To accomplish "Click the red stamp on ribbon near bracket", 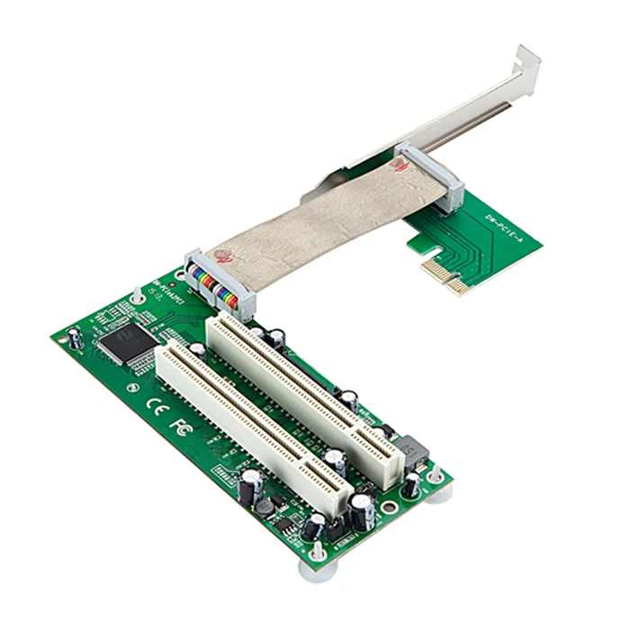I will click(x=398, y=165).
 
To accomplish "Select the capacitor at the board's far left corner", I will click(x=76, y=338).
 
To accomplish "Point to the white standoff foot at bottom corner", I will click(x=315, y=565).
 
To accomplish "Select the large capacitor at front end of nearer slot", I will click(x=362, y=512).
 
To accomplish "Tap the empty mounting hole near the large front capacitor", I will click(x=388, y=507).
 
